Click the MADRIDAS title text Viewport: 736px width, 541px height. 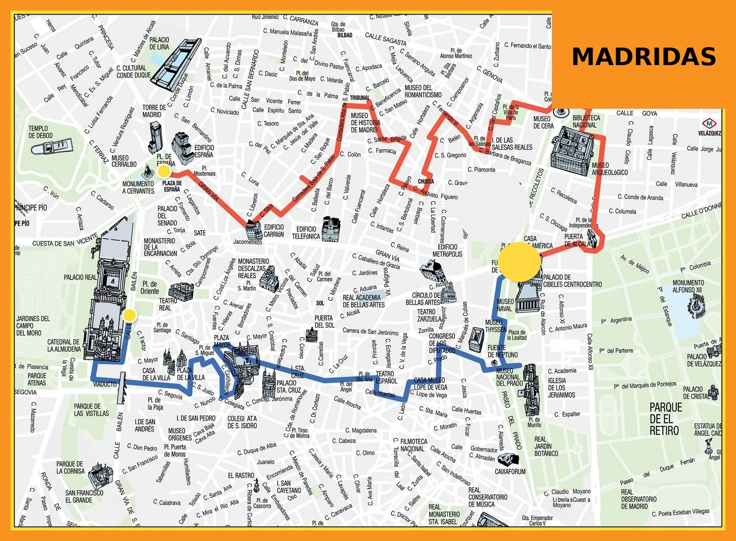click(644, 57)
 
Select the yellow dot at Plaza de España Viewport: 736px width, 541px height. click(163, 172)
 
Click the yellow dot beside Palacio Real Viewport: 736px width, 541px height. click(129, 315)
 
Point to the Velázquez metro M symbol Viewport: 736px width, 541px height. click(709, 123)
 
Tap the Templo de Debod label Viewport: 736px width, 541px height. click(41, 132)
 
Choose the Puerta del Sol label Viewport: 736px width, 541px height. click(324, 322)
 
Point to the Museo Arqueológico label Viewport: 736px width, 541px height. click(609, 169)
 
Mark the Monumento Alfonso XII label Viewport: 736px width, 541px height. click(688, 286)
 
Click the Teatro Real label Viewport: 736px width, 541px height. click(168, 305)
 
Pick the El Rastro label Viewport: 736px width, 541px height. click(241, 475)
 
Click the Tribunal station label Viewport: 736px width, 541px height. click(359, 98)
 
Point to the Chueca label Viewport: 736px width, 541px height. click(426, 181)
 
